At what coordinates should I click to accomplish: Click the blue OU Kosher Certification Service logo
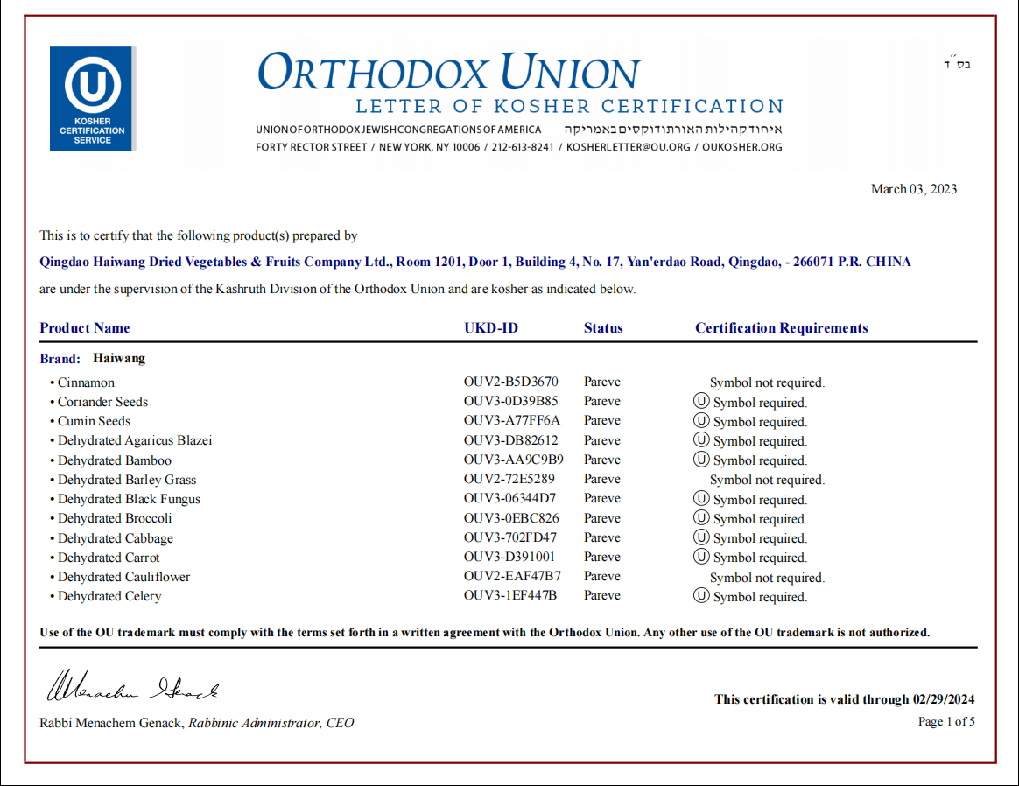click(x=92, y=98)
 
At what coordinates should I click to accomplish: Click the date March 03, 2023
click(x=913, y=189)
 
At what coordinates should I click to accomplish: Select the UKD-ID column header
click(x=491, y=328)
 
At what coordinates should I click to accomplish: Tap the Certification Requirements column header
click(x=781, y=328)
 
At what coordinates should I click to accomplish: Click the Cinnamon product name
click(x=86, y=382)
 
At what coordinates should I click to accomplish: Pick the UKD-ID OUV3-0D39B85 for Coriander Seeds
click(x=510, y=402)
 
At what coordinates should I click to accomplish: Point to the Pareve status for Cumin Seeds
click(x=602, y=421)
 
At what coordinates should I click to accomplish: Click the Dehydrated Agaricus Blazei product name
click(x=135, y=440)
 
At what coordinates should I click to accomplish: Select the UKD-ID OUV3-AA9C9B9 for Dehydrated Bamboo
click(x=513, y=460)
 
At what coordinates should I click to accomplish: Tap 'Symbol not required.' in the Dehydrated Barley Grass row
click(x=767, y=480)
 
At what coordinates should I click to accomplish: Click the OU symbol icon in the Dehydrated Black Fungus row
click(x=700, y=498)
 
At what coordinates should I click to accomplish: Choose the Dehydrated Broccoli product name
click(x=115, y=518)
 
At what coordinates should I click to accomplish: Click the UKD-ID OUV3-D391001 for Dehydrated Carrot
click(x=509, y=557)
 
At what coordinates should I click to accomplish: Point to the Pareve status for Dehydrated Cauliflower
click(x=602, y=576)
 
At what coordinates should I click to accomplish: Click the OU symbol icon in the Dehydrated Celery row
click(x=700, y=595)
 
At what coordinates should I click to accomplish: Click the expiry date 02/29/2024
click(x=944, y=699)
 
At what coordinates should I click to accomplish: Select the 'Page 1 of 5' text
click(x=945, y=722)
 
